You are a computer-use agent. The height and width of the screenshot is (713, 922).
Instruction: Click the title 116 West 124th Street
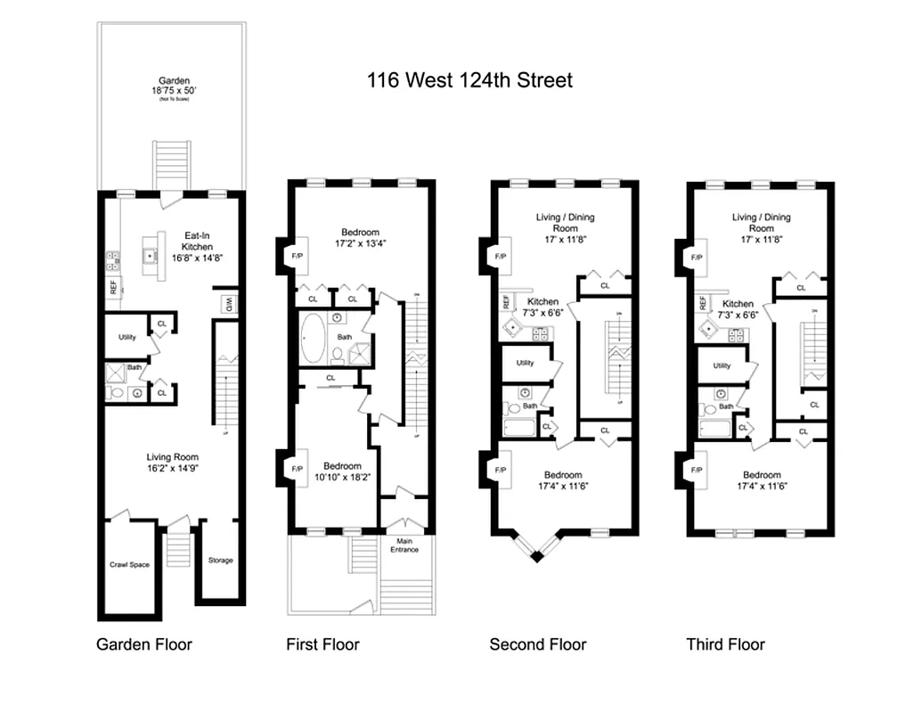(x=469, y=80)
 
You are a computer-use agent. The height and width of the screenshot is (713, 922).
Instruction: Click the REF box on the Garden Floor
(x=113, y=287)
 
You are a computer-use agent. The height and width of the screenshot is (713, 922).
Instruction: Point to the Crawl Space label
(x=129, y=564)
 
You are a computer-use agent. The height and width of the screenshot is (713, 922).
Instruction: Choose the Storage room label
(x=220, y=560)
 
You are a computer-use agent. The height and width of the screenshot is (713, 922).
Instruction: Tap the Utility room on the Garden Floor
(x=126, y=337)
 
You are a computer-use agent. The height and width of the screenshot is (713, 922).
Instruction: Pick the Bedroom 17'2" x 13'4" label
(x=360, y=238)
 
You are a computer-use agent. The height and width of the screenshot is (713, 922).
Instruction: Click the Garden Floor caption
(x=143, y=644)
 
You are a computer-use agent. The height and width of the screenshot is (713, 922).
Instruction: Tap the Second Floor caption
(x=538, y=644)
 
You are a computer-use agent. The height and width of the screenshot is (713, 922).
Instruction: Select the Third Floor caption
(x=725, y=644)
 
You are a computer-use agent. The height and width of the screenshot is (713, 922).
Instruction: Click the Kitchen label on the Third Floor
(x=738, y=309)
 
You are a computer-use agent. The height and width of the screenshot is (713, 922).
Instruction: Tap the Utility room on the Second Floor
(x=525, y=363)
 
